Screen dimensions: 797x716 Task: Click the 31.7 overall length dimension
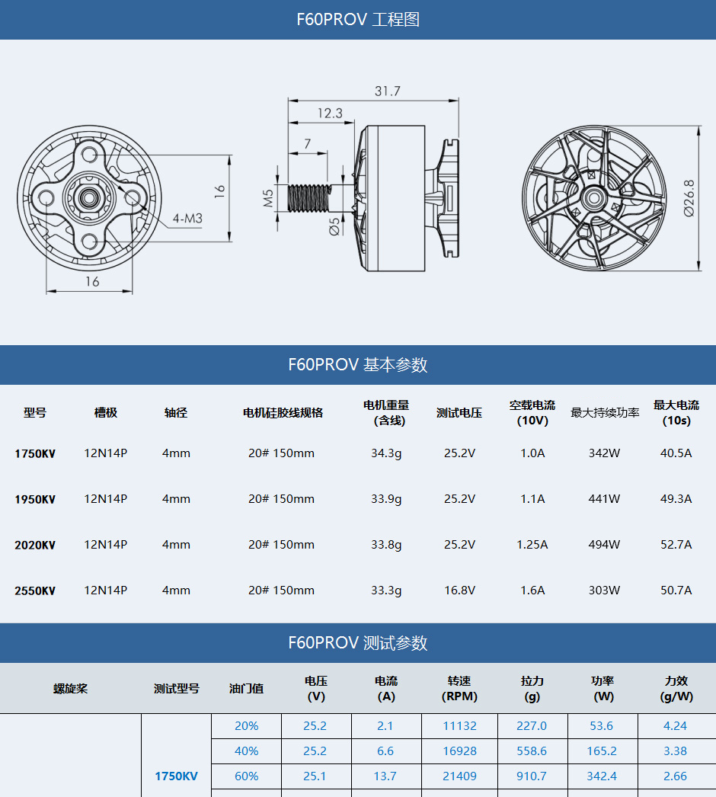point(387,91)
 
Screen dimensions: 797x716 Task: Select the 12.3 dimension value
point(330,114)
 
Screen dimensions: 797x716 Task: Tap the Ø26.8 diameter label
point(689,199)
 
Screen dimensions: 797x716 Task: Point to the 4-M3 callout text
point(187,219)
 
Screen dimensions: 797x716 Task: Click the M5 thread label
point(269,199)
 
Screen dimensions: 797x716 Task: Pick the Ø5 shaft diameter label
point(334,226)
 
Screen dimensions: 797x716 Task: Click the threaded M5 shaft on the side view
point(310,198)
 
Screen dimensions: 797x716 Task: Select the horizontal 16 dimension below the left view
point(91,282)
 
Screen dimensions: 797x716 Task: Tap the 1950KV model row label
point(35,500)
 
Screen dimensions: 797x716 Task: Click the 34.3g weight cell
point(386,453)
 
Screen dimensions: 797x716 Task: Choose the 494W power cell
point(604,545)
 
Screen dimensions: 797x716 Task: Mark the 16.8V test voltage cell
point(459,591)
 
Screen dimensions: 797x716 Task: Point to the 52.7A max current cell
point(676,545)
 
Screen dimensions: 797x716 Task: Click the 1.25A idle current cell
point(532,545)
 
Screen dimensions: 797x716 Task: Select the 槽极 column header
point(106,412)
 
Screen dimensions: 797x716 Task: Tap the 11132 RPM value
point(459,726)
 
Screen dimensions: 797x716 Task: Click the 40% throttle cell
point(246,751)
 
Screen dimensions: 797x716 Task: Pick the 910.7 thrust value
point(532,776)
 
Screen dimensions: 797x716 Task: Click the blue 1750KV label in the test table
point(176,776)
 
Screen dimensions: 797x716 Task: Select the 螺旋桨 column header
point(70,688)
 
